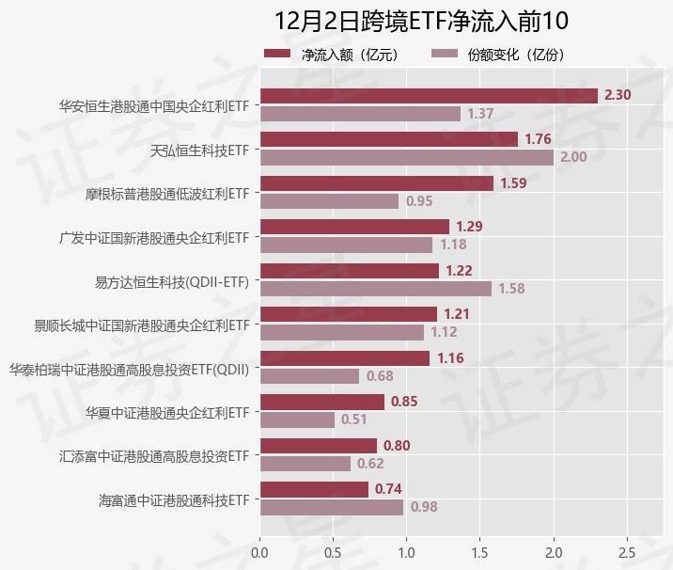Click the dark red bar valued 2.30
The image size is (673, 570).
click(x=429, y=95)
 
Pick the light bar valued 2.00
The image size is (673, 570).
click(x=407, y=157)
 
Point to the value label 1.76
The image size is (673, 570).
click(x=538, y=139)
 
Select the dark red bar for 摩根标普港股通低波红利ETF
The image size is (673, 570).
click(x=376, y=183)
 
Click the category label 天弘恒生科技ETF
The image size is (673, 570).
click(x=199, y=149)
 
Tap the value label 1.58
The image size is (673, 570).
click(x=511, y=289)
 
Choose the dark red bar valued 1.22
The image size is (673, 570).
click(x=349, y=271)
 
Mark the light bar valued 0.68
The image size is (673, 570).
click(x=309, y=376)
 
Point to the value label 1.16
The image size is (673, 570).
click(x=450, y=358)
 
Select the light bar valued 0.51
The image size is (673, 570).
click(x=297, y=420)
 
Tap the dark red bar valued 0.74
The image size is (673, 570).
click(x=314, y=489)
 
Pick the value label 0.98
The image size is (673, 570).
click(x=424, y=507)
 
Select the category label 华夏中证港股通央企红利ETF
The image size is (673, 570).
click(x=167, y=411)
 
